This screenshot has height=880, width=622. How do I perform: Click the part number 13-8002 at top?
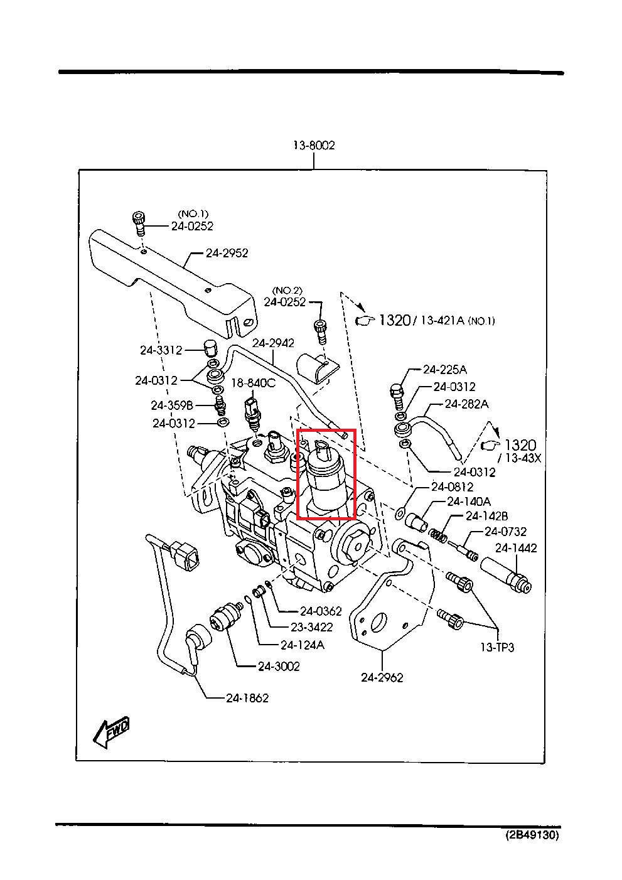tap(314, 145)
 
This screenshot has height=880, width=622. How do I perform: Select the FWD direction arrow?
tap(112, 732)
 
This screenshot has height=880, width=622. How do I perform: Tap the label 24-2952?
tap(227, 253)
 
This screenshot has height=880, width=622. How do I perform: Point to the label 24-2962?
tap(382, 677)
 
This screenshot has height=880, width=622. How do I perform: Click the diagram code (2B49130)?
tap(532, 835)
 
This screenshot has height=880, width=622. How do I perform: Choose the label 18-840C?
tap(253, 383)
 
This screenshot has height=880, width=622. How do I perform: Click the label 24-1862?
tap(247, 698)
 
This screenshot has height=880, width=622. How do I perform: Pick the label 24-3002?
tap(279, 666)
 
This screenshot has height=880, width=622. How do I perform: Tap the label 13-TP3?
tap(497, 647)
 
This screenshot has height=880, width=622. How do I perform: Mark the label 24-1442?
tap(516, 548)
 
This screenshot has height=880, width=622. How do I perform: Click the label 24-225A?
tap(445, 370)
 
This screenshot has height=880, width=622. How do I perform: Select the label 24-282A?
tap(466, 404)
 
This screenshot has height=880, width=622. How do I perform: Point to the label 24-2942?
tap(273, 343)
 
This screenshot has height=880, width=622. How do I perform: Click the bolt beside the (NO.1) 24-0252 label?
tap(139, 222)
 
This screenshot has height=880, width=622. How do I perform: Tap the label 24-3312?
tap(161, 350)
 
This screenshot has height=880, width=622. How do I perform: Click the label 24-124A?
tap(303, 645)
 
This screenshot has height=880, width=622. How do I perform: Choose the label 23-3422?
tap(311, 627)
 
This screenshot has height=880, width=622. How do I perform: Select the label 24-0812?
tap(452, 487)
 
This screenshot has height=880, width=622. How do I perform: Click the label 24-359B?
tap(171, 405)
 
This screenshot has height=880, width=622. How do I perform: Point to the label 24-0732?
tap(505, 532)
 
